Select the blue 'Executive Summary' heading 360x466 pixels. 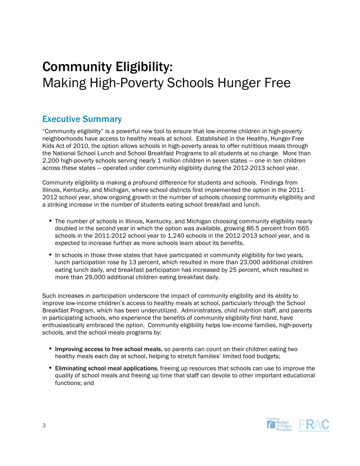[82, 119]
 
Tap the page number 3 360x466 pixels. [44, 425]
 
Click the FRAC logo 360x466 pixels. [314, 425]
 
